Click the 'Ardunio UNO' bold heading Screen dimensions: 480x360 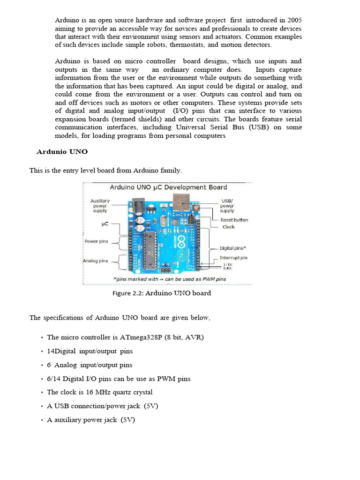[x=62, y=152]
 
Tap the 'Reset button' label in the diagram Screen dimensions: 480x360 [x=234, y=220]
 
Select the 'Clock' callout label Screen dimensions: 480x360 [x=228, y=227]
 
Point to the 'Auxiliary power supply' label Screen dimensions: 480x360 [x=99, y=206]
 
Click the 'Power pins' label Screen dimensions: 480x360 [x=96, y=241]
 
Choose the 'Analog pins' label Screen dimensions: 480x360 [x=96, y=261]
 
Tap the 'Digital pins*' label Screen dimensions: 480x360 [x=233, y=248]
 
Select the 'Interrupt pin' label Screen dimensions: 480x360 [x=233, y=258]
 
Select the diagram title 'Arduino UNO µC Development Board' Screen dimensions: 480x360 [x=168, y=187]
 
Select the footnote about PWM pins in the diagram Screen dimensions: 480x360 [x=169, y=279]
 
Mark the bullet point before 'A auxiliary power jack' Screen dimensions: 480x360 [x=42, y=420]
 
